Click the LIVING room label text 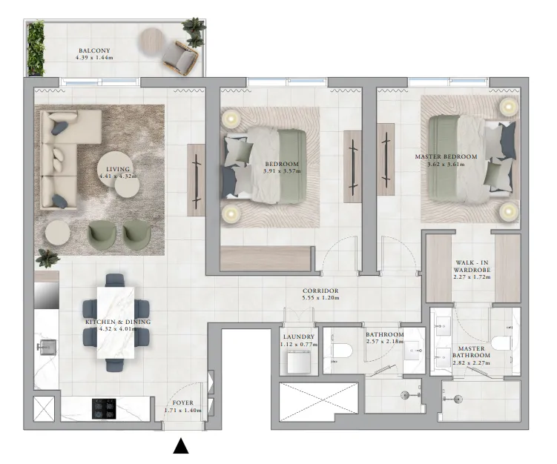point(118,170)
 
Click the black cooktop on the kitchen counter point(104,408)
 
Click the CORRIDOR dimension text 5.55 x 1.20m point(320,298)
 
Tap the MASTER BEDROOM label point(445,156)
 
